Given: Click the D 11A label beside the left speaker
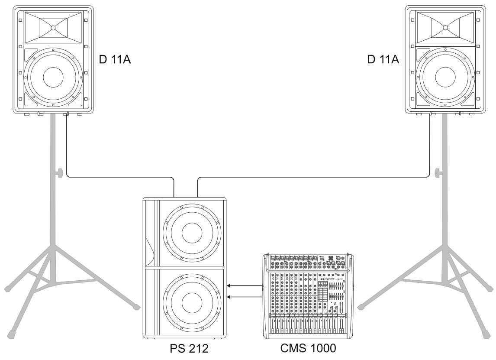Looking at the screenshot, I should (115, 59).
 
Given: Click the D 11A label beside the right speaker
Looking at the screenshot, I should (383, 59).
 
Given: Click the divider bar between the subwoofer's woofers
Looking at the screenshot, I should (185, 268).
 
